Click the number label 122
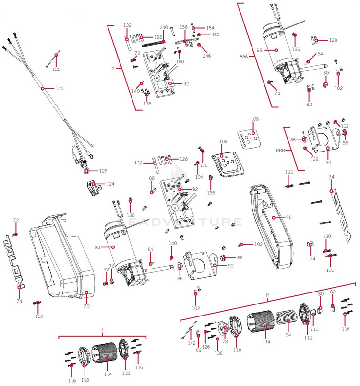click(x=57, y=70)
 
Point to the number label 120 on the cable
click(x=60, y=89)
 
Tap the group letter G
click(x=113, y=69)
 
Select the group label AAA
click(x=243, y=56)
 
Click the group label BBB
click(x=280, y=150)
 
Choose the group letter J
click(x=102, y=330)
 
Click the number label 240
click(x=163, y=28)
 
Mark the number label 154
click(x=210, y=28)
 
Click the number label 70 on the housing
click(x=87, y=305)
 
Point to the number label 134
click(x=312, y=258)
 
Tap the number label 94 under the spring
click(x=288, y=335)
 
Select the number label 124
click(x=110, y=184)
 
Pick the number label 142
click(x=192, y=343)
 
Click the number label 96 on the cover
click(x=288, y=217)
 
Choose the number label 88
click(x=152, y=178)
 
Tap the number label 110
click(x=314, y=329)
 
